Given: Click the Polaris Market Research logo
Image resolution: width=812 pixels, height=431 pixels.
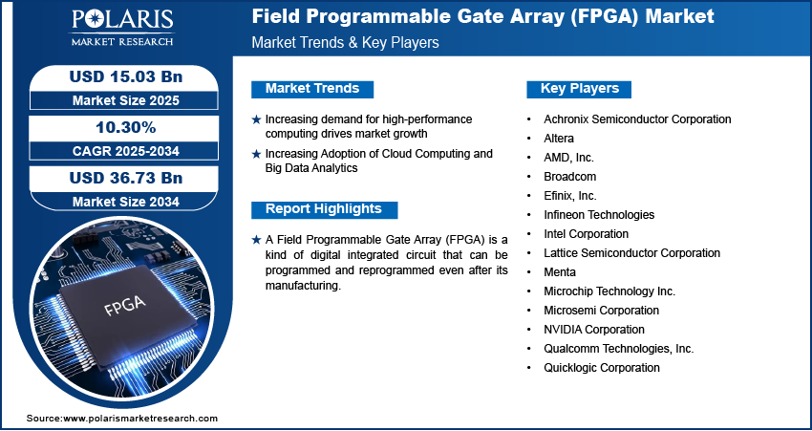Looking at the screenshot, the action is [x=122, y=27].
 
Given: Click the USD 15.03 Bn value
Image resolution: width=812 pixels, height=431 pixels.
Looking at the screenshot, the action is [x=126, y=76].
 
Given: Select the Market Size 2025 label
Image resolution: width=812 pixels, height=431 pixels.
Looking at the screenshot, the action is [x=126, y=100].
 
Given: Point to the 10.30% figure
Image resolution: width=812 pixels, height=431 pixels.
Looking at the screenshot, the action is [x=126, y=127].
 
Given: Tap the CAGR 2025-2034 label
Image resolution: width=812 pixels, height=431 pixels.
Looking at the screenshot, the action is [x=126, y=151].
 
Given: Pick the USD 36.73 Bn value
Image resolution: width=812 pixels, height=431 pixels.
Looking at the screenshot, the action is [x=126, y=178].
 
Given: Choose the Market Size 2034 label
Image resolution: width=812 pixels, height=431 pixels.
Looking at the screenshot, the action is [x=126, y=202].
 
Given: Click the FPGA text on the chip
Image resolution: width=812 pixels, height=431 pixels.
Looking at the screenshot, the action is [x=124, y=305].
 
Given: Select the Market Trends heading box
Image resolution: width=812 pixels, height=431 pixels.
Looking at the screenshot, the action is [x=312, y=89].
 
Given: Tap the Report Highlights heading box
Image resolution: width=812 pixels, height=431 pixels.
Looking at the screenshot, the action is [x=324, y=209].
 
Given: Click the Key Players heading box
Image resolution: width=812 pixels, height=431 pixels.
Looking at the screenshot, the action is [x=579, y=89].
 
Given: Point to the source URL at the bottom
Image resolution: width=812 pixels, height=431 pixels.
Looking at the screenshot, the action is [x=122, y=419].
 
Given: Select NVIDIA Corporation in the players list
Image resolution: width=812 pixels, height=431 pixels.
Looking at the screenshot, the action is [x=594, y=330].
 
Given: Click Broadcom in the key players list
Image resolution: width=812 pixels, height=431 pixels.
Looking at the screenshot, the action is [x=569, y=177].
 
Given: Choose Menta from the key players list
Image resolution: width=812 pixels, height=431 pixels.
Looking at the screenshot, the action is [x=560, y=272].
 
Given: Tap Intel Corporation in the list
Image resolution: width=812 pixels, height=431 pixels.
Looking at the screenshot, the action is [x=587, y=234].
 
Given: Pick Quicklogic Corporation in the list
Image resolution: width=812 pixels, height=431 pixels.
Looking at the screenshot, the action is [x=602, y=368].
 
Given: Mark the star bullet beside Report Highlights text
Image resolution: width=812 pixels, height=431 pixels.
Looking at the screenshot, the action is [x=256, y=240].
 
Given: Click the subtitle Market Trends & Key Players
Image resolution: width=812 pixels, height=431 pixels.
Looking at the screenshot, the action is [x=346, y=42].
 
